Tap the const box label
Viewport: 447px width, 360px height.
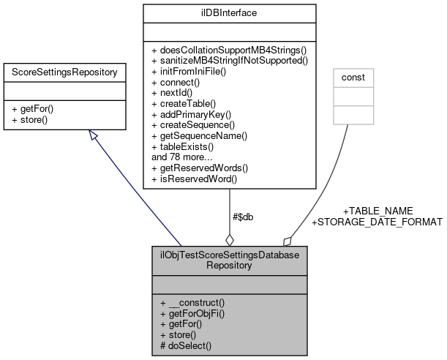(x=353, y=76)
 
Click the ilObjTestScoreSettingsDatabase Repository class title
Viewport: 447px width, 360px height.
(x=230, y=260)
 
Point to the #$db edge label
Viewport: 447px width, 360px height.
(x=243, y=217)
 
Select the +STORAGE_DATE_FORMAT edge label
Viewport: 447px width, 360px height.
(x=377, y=222)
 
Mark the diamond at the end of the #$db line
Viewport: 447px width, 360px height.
(x=230, y=239)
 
